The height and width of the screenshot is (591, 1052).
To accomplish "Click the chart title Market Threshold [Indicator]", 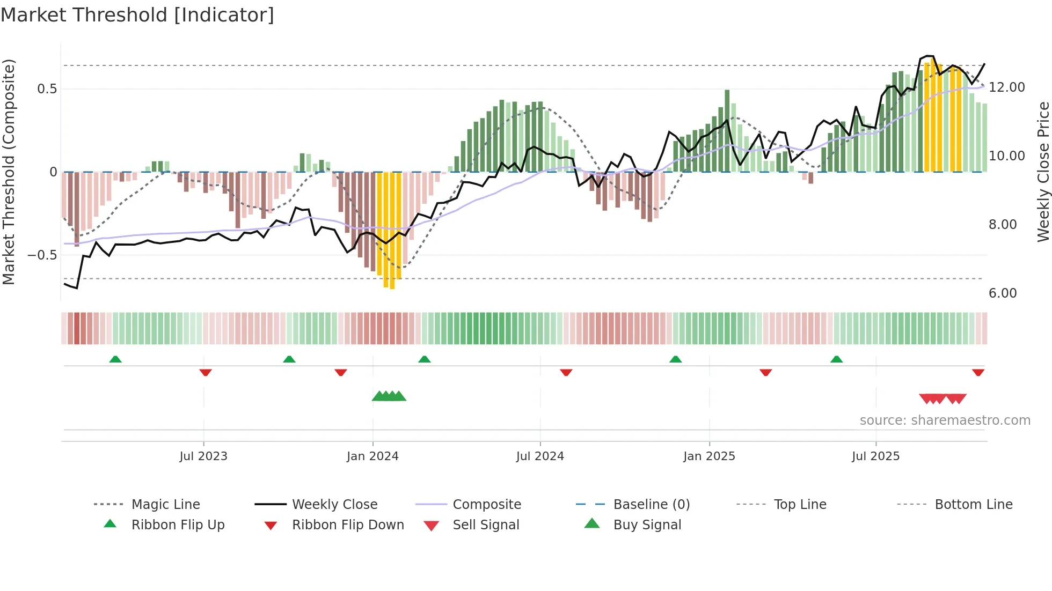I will click(x=137, y=15).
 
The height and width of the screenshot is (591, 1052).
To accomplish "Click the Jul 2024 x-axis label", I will click(x=540, y=456).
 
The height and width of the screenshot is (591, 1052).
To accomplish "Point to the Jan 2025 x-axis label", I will click(x=709, y=456).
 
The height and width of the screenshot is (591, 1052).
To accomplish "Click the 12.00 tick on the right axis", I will click(x=1007, y=87).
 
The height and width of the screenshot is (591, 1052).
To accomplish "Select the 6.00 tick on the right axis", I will click(x=1003, y=293).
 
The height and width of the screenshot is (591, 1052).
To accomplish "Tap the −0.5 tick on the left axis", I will click(x=42, y=255).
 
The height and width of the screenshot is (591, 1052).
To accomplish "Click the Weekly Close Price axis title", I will click(x=1043, y=172).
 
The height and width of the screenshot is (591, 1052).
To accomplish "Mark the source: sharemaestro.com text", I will click(x=945, y=420).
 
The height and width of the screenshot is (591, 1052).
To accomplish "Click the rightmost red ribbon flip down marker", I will click(x=978, y=372).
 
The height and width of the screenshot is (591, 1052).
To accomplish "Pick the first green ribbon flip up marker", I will click(x=115, y=359).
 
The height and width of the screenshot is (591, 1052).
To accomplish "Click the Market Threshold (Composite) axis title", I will click(x=9, y=172).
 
